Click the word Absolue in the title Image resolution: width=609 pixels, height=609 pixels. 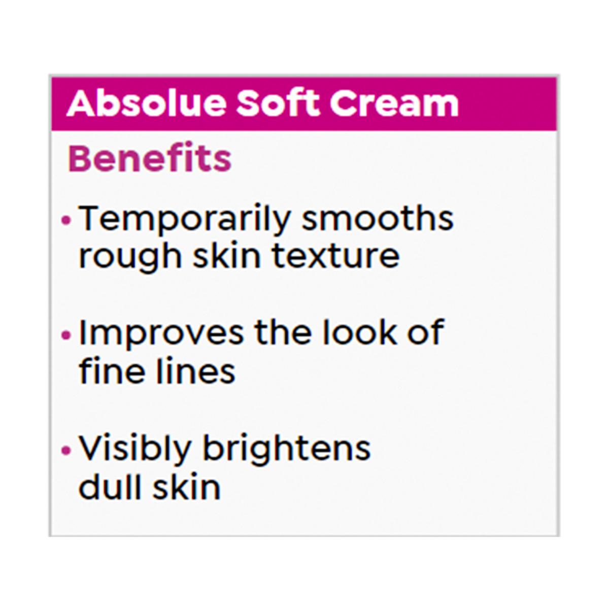(146, 103)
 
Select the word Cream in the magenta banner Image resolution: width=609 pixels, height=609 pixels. (394, 104)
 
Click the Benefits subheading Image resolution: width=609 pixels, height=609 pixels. (150, 157)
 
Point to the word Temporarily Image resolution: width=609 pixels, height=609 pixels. (184, 219)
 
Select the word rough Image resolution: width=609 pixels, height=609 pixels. (130, 258)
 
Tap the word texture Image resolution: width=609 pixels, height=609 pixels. (336, 256)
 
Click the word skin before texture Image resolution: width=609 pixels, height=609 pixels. (226, 255)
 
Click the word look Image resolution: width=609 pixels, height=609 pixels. (359, 331)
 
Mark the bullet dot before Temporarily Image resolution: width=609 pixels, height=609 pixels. (66, 220)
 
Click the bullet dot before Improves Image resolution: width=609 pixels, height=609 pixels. (66, 334)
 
